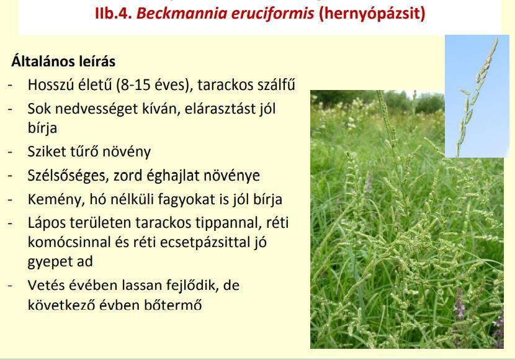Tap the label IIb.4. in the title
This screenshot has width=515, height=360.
click(114, 13)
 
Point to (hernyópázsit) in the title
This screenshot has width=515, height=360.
click(372, 14)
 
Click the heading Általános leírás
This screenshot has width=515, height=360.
click(63, 61)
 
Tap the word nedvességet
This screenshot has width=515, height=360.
click(96, 109)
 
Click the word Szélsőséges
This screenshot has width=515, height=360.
click(68, 176)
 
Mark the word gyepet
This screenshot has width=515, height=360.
click(48, 262)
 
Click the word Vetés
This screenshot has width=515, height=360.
click(46, 285)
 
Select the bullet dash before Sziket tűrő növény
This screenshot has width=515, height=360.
click(11, 152)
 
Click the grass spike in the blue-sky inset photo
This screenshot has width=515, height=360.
click(478, 97)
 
